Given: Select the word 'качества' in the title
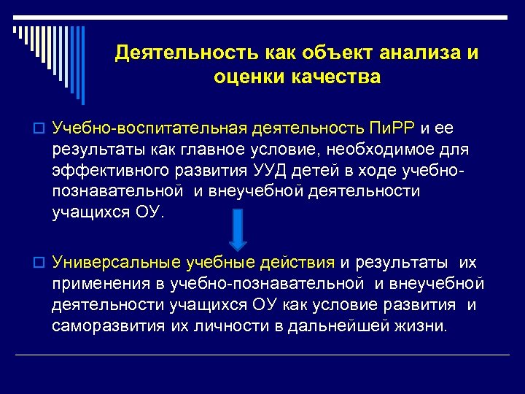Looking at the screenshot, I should [336, 77].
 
